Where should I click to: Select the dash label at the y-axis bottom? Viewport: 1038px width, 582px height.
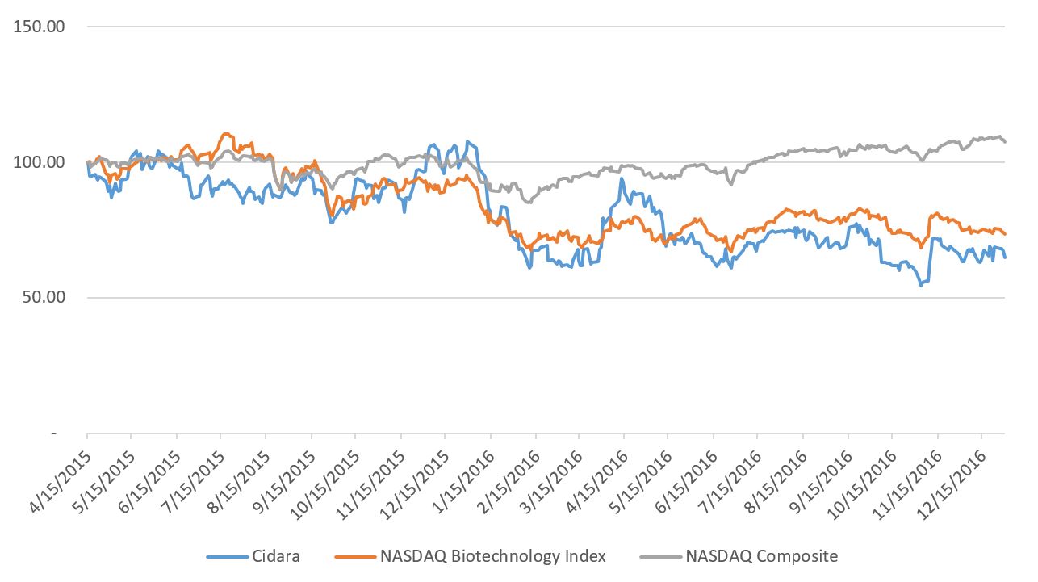[54, 433]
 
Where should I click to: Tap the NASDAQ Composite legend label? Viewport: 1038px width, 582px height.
[761, 556]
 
